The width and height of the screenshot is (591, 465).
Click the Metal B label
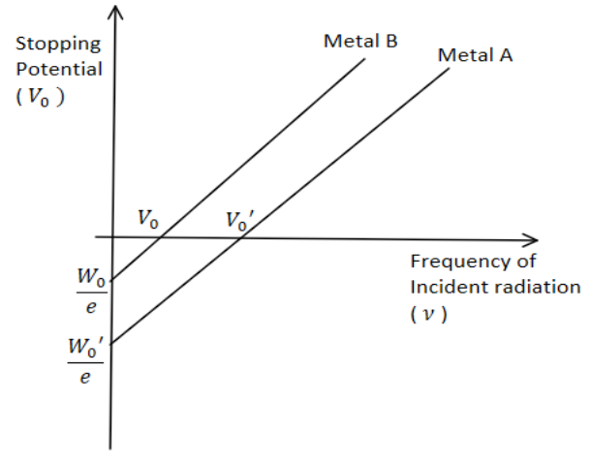(360, 41)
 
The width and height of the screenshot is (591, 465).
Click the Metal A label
(475, 55)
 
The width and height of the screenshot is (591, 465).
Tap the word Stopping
(58, 46)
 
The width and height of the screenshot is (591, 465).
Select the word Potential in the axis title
(59, 70)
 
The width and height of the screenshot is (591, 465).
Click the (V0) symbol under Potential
(41, 97)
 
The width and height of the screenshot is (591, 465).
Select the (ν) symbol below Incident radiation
(428, 314)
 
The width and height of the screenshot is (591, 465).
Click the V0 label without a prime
(147, 219)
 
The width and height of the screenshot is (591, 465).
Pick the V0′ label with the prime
(239, 221)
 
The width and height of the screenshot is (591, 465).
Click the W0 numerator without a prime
(91, 277)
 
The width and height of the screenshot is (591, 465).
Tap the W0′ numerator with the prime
(85, 347)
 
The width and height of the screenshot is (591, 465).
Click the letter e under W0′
(85, 377)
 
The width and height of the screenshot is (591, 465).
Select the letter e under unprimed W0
(91, 307)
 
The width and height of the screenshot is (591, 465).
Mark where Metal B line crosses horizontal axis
(162, 237)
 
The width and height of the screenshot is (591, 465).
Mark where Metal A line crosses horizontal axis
(241, 238)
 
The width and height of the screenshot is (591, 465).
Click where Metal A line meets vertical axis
(111, 344)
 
